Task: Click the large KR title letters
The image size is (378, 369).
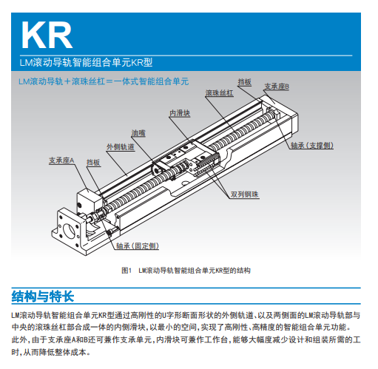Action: pos(47,35)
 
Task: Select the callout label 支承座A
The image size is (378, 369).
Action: pos(61,160)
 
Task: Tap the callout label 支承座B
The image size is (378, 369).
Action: pos(277,87)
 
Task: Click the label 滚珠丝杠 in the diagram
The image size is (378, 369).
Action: pos(219,93)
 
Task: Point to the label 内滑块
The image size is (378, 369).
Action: pos(180,113)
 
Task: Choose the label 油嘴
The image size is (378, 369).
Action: pos(138,133)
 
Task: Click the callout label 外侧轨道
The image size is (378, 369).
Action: pos(121,147)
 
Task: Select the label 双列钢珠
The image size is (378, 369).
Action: pos(245,194)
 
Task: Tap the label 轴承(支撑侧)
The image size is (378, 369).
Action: pos(312,146)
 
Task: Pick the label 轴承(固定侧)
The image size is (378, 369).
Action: pos(138,246)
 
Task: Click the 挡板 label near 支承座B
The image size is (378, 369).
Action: pos(245,82)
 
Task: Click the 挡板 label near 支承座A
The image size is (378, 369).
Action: pos(93,163)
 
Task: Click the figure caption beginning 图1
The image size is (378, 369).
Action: pos(186,271)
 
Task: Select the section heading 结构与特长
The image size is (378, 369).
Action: pos(43,297)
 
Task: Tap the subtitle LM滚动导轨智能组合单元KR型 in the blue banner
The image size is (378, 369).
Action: pos(86,62)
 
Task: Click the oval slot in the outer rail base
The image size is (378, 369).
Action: pos(185,183)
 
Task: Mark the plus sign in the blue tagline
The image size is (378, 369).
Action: pos(67,81)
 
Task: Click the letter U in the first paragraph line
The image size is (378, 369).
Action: pos(165,315)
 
